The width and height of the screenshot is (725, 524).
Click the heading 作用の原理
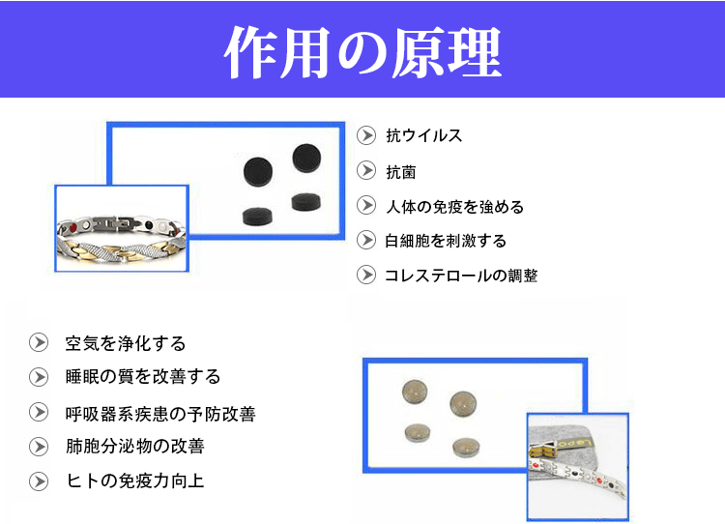pos(362,52)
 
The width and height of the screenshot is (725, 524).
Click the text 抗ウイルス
pos(424,135)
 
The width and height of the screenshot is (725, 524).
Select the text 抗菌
pos(401,172)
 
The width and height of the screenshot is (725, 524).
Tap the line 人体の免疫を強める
pos(454,207)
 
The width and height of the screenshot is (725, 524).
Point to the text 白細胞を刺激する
pos(446,241)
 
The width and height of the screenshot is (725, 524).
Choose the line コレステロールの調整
pos(461,276)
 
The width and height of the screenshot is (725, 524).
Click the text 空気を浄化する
pos(126,343)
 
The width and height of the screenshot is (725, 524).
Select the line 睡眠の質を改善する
pos(143,377)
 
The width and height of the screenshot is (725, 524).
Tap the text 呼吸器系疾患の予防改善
pos(160,414)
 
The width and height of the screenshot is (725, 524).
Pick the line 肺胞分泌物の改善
pos(135,447)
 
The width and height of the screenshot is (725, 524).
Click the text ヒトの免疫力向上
pos(135,481)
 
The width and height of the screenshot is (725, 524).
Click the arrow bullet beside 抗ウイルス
pos(366,135)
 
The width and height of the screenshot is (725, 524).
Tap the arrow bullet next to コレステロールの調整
pos(366,276)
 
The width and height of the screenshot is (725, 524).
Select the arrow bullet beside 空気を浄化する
pos(39,342)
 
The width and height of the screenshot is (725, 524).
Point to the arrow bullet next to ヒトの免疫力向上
pos(39,481)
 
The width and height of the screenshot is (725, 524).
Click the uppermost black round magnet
pos(306,158)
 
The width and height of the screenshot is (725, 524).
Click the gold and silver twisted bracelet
pos(122,239)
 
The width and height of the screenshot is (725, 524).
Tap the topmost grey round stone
pos(415,392)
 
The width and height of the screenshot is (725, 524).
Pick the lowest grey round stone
pos(466,448)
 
